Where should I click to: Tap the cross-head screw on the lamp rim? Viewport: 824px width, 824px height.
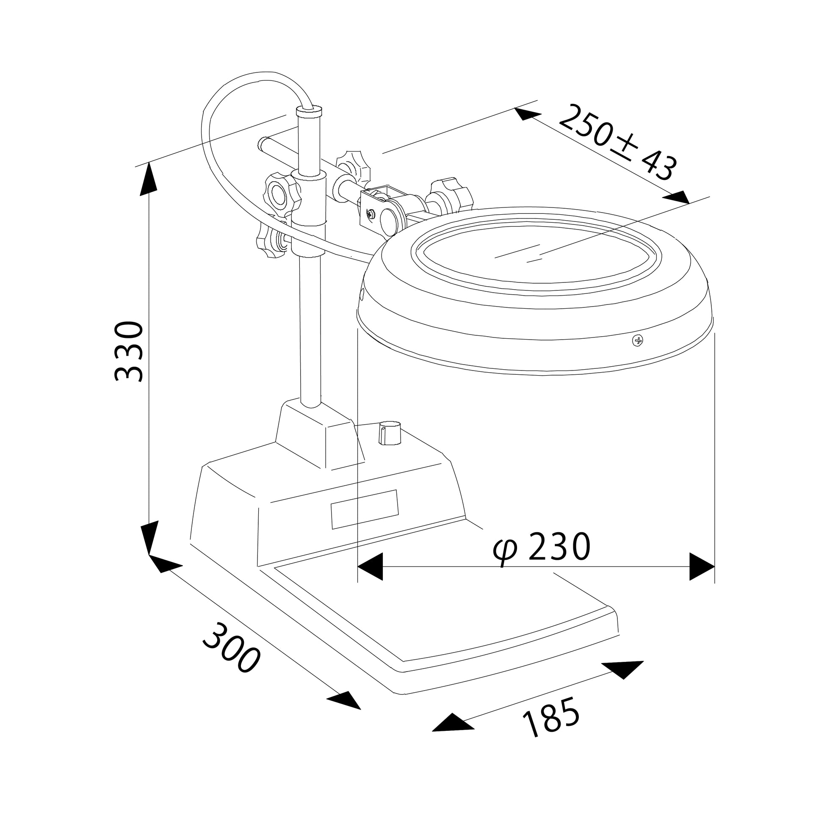coord(638,340)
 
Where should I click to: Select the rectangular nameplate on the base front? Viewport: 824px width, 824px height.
coord(365,509)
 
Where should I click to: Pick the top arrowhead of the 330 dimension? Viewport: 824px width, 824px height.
coord(149,179)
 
